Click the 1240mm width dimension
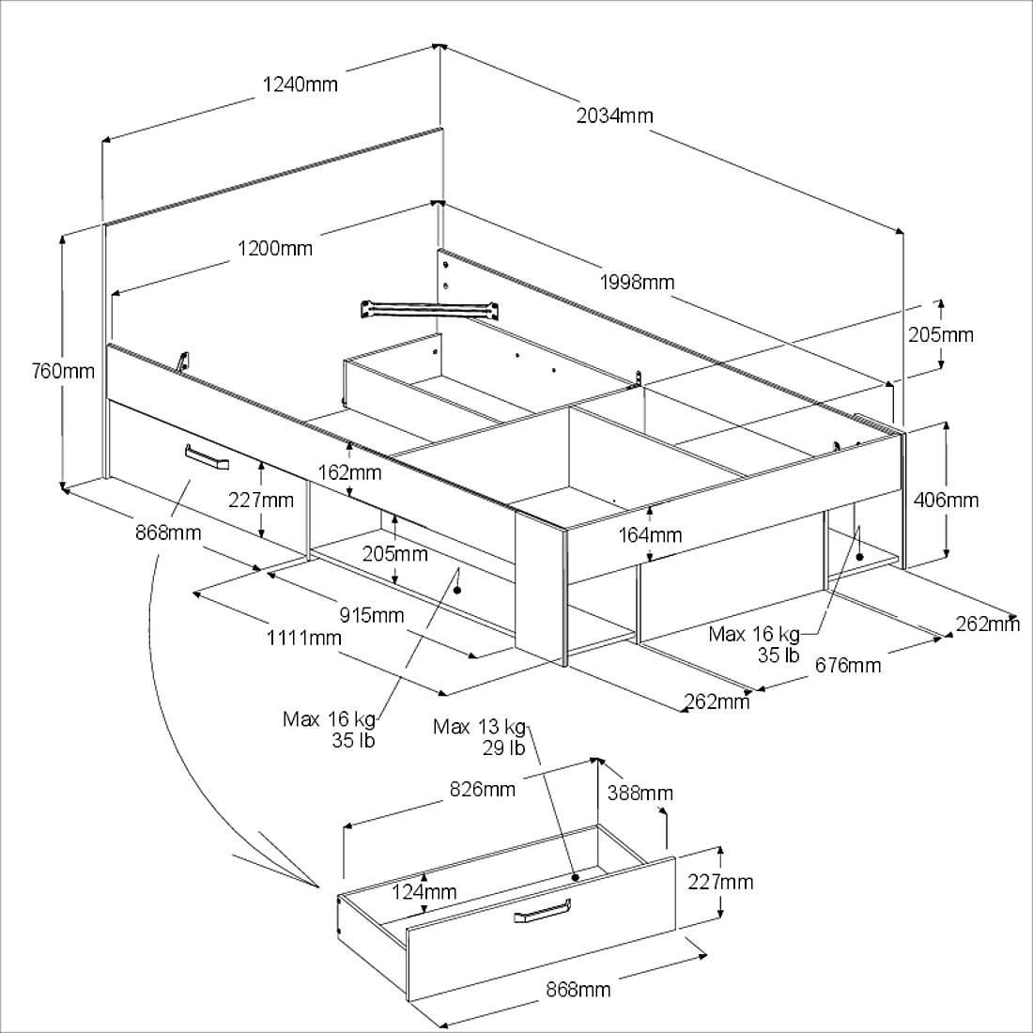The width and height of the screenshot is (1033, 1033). tap(298, 85)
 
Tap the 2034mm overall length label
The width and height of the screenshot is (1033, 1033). tap(614, 116)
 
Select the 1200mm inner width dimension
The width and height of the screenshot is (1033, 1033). tap(274, 249)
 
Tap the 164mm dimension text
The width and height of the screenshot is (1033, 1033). tap(651, 535)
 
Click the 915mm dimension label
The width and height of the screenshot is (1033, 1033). tap(373, 615)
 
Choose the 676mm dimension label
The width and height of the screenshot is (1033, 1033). tap(848, 665)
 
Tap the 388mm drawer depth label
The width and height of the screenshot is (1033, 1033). tap(640, 793)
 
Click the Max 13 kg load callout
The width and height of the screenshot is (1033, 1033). tap(479, 727)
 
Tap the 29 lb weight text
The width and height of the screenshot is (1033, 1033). tap(504, 748)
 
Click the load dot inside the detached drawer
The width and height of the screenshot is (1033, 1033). tap(575, 875)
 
